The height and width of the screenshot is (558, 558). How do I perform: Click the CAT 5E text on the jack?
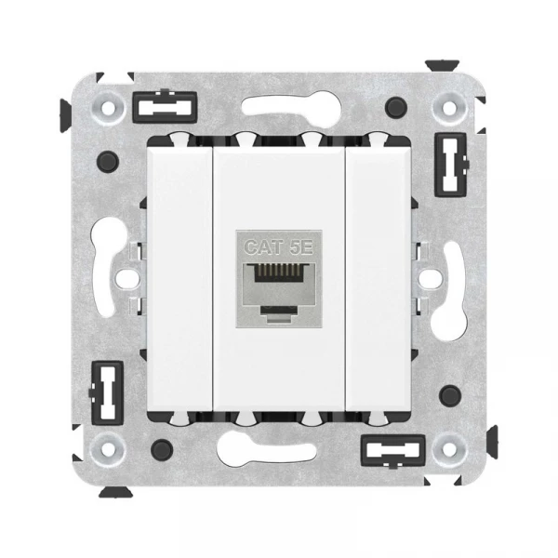[279, 247]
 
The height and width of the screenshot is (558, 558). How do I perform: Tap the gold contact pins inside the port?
[279, 272]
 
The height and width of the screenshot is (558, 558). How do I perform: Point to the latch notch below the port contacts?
[279, 310]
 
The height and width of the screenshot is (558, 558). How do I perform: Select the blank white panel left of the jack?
[179, 279]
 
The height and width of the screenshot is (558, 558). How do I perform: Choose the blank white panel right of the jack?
[379, 279]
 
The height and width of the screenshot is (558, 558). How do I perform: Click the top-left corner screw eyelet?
[108, 107]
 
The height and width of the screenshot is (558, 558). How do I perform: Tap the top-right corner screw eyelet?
[449, 108]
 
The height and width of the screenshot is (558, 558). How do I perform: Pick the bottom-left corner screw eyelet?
[108, 449]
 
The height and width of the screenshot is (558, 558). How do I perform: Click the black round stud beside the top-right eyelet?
[396, 107]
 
